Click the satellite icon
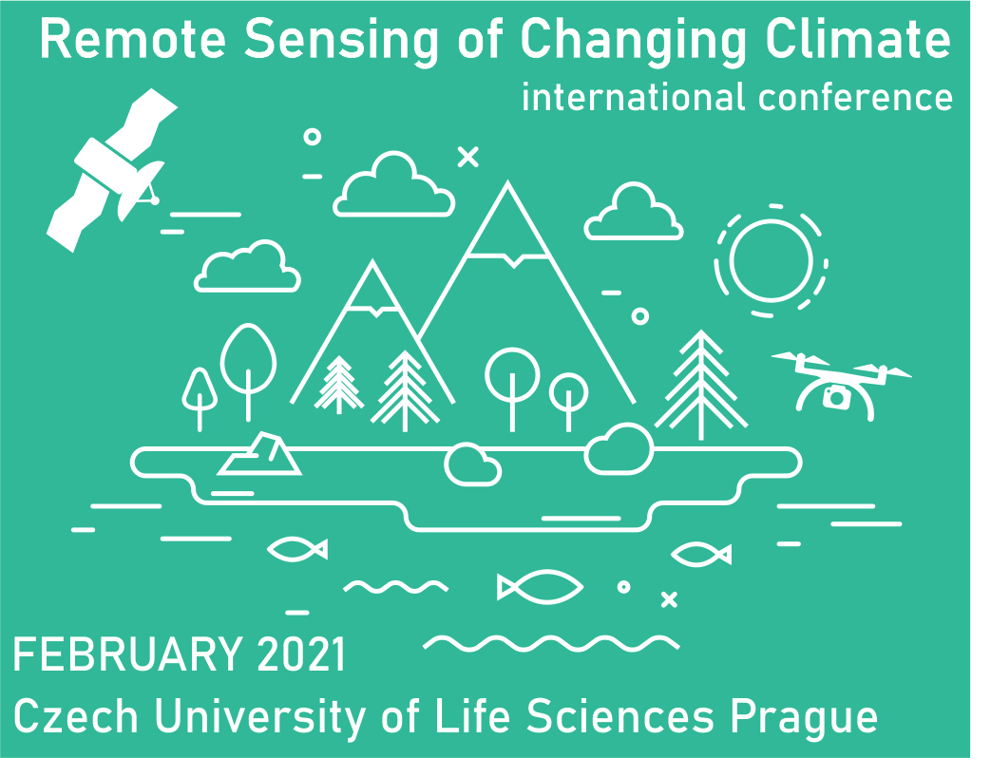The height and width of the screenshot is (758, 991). (x=110, y=171)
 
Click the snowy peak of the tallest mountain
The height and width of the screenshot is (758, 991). (x=507, y=221)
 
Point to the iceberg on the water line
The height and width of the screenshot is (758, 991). (x=259, y=454)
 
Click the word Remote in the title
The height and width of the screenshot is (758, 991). (x=133, y=39)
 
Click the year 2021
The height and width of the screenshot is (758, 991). (x=301, y=654)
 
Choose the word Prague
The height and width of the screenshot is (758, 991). (x=803, y=719)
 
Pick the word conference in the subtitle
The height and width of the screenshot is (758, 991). (x=855, y=98)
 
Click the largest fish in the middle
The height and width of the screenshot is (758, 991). (x=540, y=587)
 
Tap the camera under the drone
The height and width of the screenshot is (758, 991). (x=837, y=397)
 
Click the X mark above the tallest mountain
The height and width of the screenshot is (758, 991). (x=467, y=157)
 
